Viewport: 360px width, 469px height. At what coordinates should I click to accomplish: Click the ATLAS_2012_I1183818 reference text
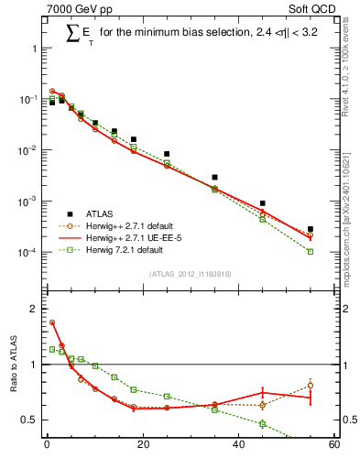[191, 273]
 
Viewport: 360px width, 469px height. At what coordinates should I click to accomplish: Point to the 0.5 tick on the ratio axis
[31, 420]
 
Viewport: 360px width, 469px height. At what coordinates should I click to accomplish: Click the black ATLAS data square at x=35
[214, 177]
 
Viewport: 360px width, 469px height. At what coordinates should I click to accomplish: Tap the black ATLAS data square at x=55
[311, 229]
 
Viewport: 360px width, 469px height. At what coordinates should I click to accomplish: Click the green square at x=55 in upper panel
[311, 250]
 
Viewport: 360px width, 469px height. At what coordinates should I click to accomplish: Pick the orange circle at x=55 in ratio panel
[311, 386]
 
